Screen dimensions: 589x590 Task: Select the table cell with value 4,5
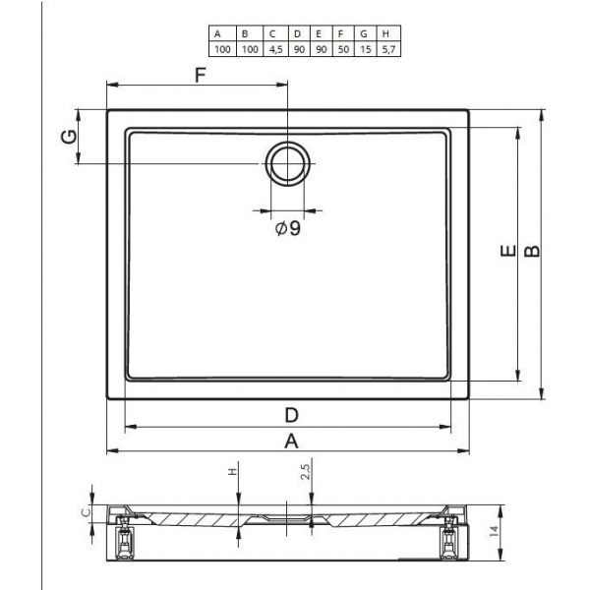coord(276,49)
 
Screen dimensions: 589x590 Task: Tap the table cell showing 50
coord(343,49)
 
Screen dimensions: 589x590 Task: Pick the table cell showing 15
coord(365,49)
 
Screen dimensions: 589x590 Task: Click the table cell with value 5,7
coord(388,49)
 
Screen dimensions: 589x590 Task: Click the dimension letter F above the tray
coord(201,75)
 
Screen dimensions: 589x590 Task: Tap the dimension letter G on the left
coord(69,137)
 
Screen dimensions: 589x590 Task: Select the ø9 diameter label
coord(288,228)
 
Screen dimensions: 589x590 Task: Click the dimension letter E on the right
coord(508,250)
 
